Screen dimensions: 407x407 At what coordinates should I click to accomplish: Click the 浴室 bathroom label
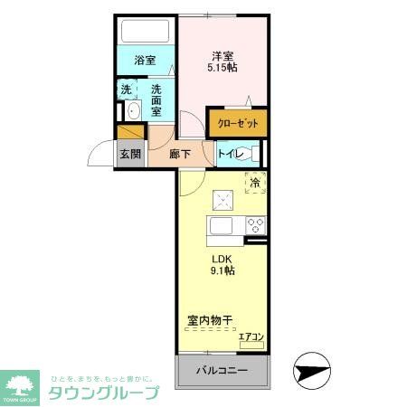(x=144, y=61)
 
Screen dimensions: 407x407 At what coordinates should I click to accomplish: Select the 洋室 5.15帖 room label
(x=222, y=60)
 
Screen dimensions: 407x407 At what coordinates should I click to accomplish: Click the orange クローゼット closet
(x=238, y=123)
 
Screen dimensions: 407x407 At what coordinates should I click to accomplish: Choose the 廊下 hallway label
(x=181, y=154)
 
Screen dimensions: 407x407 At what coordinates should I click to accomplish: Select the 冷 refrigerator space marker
(x=254, y=182)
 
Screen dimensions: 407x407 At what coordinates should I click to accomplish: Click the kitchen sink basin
(x=222, y=225)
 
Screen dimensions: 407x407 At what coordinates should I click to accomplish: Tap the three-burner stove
(x=254, y=225)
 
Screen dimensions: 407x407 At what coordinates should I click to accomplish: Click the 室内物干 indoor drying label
(x=211, y=321)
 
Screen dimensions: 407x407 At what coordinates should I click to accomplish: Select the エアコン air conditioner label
(x=251, y=337)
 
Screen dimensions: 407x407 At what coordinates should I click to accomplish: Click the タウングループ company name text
(x=103, y=393)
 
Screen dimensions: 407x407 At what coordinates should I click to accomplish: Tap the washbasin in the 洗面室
(x=133, y=112)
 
